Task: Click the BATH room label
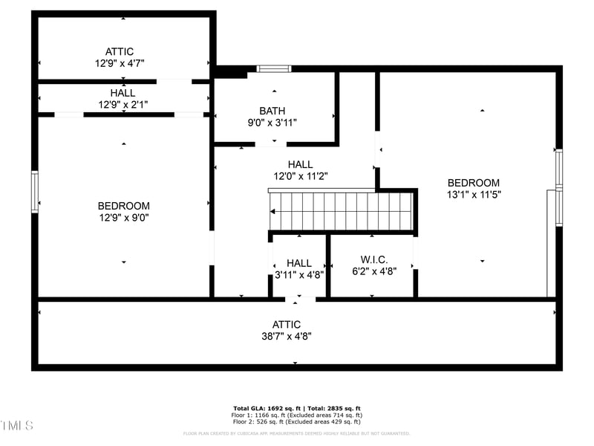click(x=272, y=111)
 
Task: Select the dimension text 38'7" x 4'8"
click(x=287, y=336)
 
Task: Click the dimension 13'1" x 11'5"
click(x=474, y=195)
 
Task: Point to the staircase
click(x=341, y=212)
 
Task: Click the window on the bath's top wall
click(x=274, y=69)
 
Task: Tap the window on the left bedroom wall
click(x=34, y=192)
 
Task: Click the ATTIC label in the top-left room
click(x=120, y=51)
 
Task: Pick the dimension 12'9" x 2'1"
click(x=123, y=105)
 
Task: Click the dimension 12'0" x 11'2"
click(x=301, y=176)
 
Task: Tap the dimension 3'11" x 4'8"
click(x=299, y=274)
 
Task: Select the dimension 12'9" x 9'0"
click(x=123, y=218)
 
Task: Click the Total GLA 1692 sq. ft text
click(x=296, y=409)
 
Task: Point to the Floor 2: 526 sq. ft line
click(x=296, y=421)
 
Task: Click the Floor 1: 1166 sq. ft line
click(x=296, y=415)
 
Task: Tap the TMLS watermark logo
click(x=17, y=426)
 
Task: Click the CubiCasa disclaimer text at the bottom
click(x=296, y=433)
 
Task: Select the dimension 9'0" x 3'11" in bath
click(x=272, y=123)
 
